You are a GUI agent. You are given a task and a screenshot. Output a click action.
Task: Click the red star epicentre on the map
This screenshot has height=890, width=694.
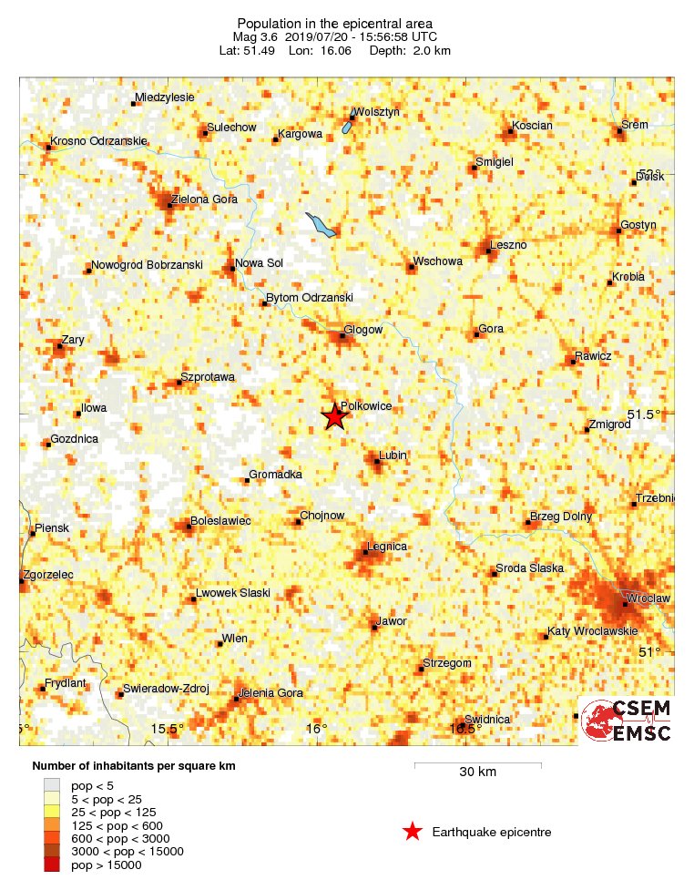click(334, 416)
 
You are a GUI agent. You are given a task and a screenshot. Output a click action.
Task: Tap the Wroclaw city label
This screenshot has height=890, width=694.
click(648, 598)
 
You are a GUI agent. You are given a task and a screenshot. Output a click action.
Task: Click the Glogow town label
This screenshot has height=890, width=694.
click(363, 330)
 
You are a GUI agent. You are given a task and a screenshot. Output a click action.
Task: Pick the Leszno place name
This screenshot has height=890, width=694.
click(508, 245)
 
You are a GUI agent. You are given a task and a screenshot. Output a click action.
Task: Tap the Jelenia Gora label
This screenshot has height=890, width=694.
click(270, 693)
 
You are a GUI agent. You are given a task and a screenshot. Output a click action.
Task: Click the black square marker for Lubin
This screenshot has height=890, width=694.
click(377, 462)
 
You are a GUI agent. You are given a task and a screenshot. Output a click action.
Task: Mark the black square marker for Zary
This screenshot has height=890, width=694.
click(60, 346)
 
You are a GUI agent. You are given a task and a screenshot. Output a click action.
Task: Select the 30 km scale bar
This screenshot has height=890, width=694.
click(477, 766)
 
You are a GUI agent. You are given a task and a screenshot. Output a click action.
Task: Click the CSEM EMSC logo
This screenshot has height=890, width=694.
click(626, 721)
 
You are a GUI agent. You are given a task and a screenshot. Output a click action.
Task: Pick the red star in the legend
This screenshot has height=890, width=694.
click(413, 831)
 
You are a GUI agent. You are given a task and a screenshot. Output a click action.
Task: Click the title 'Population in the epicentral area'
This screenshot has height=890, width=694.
click(334, 24)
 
